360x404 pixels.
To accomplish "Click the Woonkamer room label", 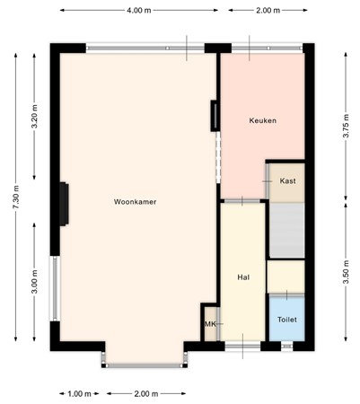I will click(x=136, y=202).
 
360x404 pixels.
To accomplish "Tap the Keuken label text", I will click(x=262, y=120).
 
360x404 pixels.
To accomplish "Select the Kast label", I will click(x=288, y=181).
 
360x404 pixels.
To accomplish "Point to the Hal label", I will click(x=242, y=277).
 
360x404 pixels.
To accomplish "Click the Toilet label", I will click(x=286, y=320).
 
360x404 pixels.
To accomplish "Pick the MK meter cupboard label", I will click(x=211, y=324).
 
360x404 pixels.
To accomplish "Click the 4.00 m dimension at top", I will click(x=138, y=11).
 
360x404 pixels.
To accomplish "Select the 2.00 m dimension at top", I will click(x=268, y=11).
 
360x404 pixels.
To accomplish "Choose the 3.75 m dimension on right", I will click(x=347, y=120).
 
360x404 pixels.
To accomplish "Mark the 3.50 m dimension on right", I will click(x=347, y=274).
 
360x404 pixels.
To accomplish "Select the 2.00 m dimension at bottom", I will click(x=145, y=394).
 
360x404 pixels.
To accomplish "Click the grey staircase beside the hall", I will click(x=287, y=231).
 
